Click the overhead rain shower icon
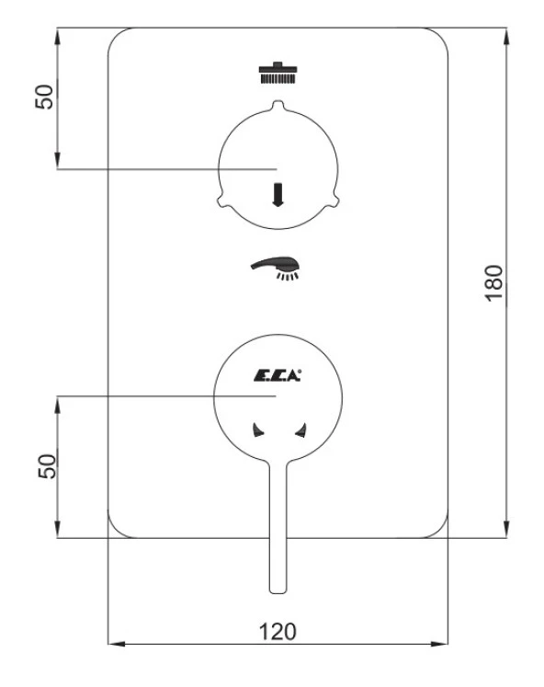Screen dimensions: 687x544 pos(277,73)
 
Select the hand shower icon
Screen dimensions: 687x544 pos(277,267)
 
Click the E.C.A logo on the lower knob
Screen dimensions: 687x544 pos(278,373)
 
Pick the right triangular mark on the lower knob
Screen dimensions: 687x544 pos(299,428)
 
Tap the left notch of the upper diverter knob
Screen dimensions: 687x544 pos(221,196)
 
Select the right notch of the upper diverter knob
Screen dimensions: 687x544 pos(334,196)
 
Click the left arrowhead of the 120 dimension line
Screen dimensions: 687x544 pos(112,645)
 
